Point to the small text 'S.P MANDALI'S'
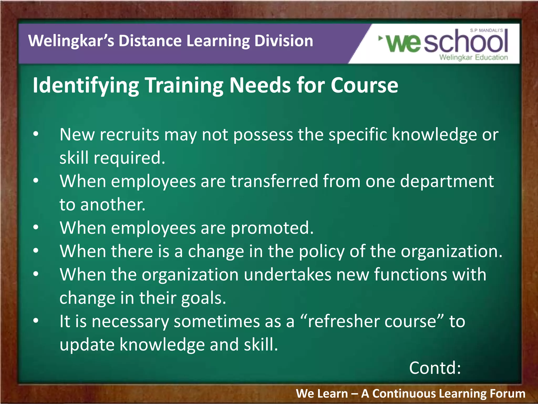[487, 31]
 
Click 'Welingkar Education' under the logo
[474, 57]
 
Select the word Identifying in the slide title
[86, 86]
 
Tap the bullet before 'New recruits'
[36, 134]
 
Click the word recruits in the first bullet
[130, 135]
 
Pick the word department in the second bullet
[447, 181]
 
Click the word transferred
[274, 181]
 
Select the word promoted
[272, 228]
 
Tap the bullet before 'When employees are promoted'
[36, 227]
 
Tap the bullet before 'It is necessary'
[36, 321]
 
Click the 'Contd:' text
[435, 368]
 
